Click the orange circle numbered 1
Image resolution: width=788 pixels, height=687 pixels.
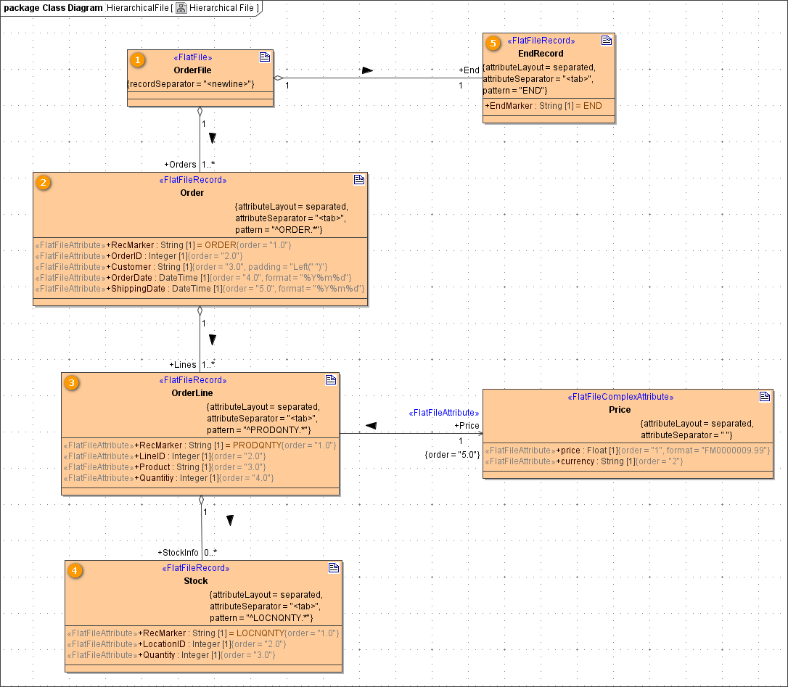pos(136,60)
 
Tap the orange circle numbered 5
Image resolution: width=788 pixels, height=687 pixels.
pos(493,44)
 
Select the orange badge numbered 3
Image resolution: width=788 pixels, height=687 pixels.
pos(71,382)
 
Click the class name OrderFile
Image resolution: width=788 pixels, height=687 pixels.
pos(192,70)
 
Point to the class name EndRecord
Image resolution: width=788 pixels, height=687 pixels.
pos(541,54)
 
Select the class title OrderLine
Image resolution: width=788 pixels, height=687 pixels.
pos(192,393)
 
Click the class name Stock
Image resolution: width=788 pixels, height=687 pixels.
pos(195,581)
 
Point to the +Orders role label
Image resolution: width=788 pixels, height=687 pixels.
pos(180,165)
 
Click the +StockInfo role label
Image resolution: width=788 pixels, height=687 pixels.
pos(178,553)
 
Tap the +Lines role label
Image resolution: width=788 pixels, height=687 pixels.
pos(183,365)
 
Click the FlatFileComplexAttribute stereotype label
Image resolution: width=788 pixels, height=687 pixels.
pos(620,397)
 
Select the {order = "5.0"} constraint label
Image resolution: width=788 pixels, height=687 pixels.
pos(452,455)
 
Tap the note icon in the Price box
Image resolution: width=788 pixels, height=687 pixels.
pos(764,396)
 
